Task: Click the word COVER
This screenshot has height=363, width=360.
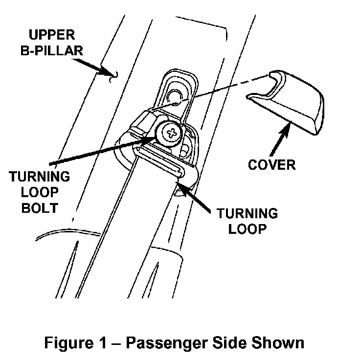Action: coord(271,165)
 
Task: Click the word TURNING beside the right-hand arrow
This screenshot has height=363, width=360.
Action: coord(247,214)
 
